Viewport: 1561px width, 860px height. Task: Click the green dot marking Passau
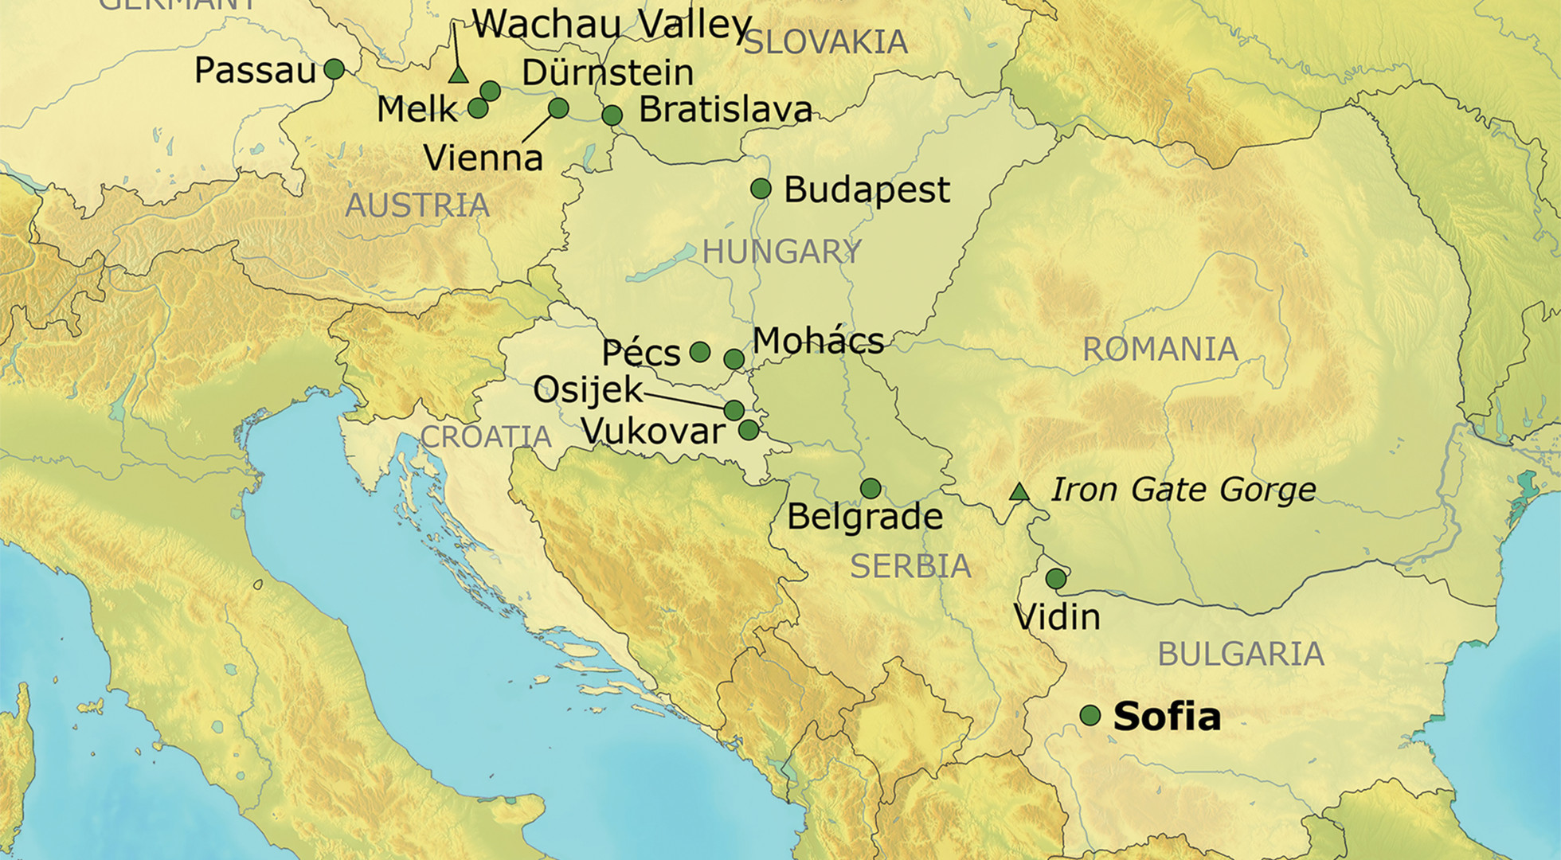[334, 69]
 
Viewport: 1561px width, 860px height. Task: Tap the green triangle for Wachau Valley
[457, 75]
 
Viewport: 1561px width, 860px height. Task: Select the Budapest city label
[867, 190]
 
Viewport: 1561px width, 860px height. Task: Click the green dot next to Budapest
[761, 189]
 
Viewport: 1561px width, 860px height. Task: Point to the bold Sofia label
[1167, 716]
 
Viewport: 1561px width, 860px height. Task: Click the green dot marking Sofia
[1090, 715]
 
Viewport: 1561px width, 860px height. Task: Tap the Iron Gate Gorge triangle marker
[1019, 491]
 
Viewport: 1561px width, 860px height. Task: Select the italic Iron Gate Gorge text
[1183, 490]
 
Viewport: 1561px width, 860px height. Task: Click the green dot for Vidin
[1056, 579]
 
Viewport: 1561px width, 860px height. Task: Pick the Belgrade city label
[865, 517]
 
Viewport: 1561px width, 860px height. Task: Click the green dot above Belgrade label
[870, 488]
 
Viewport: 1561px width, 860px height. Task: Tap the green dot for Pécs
[699, 352]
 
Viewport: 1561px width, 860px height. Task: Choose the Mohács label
[818, 341]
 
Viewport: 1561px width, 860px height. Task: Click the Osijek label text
[588, 390]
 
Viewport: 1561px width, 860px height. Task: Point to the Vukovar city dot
[749, 431]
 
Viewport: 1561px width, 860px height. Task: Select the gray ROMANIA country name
[1160, 350]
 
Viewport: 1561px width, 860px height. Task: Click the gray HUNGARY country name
[781, 252]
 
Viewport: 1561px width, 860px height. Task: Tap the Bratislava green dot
[612, 115]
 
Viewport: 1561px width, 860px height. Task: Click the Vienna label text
[483, 158]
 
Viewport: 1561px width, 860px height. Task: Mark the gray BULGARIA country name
[1241, 655]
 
